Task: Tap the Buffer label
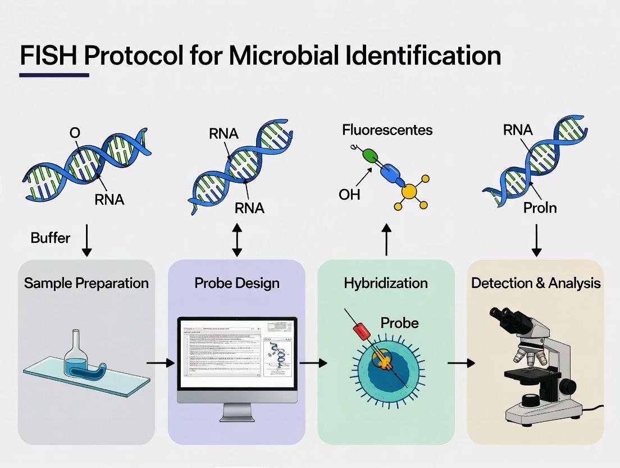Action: pos(51,238)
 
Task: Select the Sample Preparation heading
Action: pos(86,282)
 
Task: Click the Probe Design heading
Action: pos(236,282)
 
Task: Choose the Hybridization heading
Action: pos(386,282)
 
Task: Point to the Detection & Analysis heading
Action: pos(536,282)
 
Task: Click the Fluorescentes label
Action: pos(388,130)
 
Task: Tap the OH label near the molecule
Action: pos(349,195)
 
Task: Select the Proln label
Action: pos(540,208)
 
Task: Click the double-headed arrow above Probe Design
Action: pos(237,240)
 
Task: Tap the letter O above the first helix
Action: pos(75,133)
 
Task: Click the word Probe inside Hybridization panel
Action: pos(399,323)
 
